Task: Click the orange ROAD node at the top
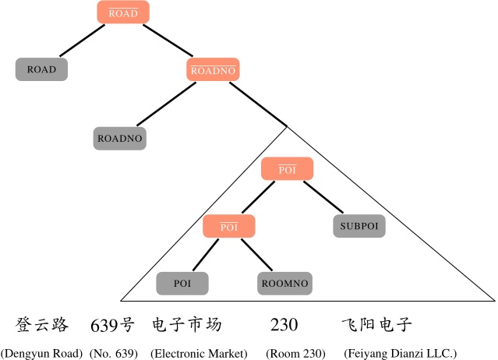click(x=123, y=13)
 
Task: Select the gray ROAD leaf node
click(x=41, y=69)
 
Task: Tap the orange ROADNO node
click(x=214, y=69)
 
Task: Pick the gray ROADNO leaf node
click(x=120, y=138)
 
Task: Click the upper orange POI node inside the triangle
click(x=288, y=169)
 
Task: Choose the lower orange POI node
click(x=229, y=227)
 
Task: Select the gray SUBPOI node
click(x=359, y=226)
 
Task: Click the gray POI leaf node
click(x=182, y=284)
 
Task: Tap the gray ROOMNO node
click(x=284, y=284)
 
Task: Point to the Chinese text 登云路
click(x=43, y=325)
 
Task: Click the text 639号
click(x=112, y=325)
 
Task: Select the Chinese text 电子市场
click(x=186, y=325)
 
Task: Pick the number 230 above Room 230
click(x=284, y=325)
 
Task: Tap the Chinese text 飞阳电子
click(x=376, y=325)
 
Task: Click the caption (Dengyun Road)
click(x=42, y=353)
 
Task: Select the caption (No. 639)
click(x=114, y=353)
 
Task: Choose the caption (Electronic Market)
click(x=199, y=353)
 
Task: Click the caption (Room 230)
click(x=295, y=353)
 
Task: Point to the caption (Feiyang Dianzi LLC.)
click(x=400, y=353)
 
